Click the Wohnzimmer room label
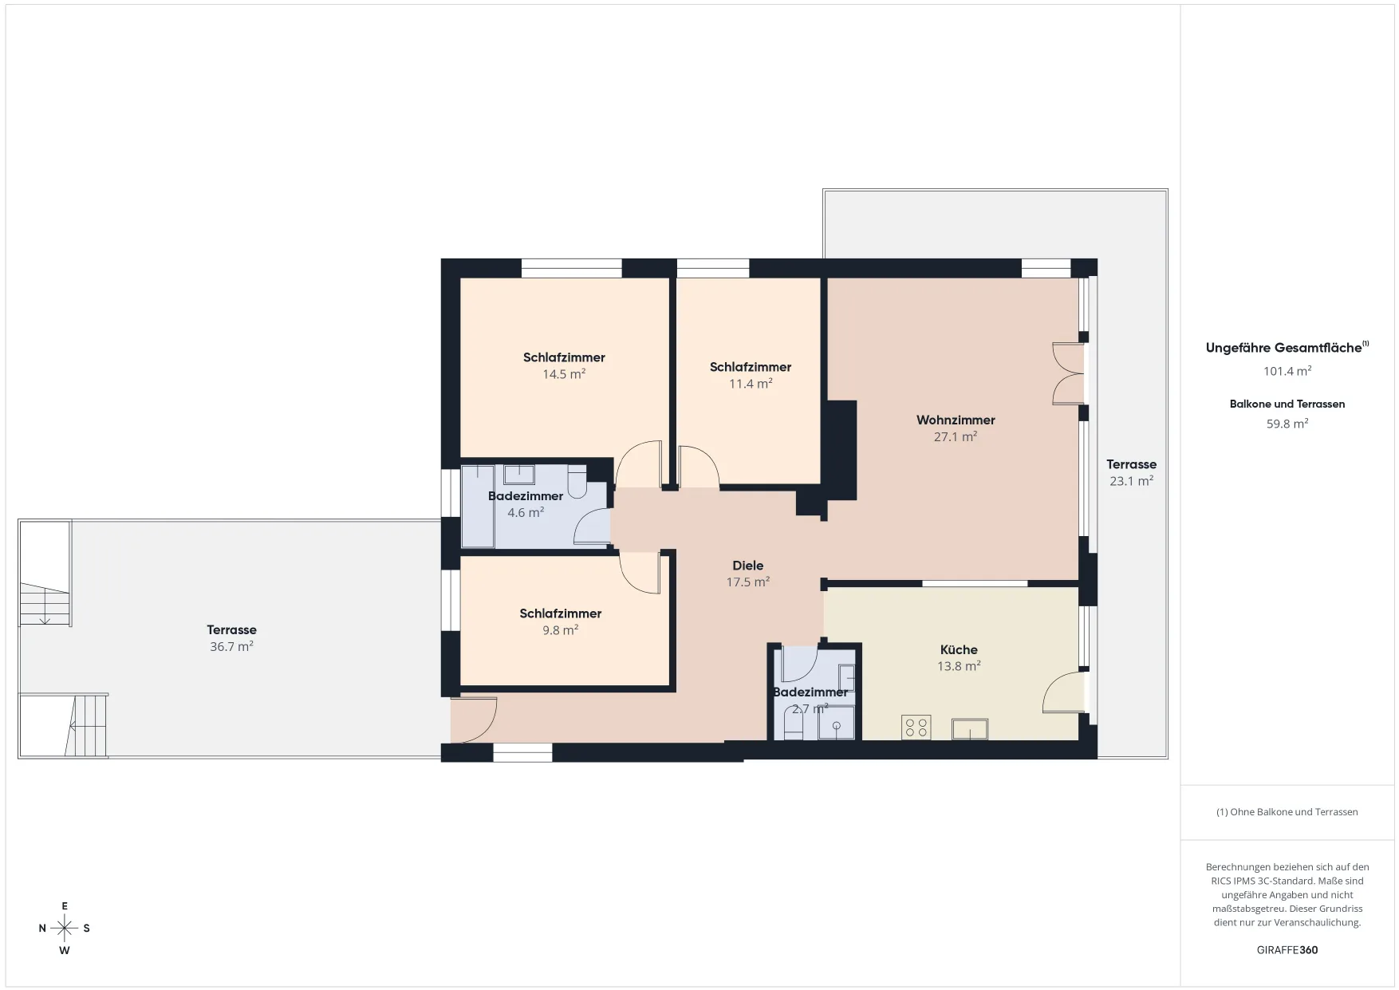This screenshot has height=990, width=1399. tap(956, 420)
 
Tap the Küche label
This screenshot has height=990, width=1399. tap(959, 649)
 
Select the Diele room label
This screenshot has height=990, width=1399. tap(748, 566)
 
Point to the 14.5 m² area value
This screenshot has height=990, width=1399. tap(564, 373)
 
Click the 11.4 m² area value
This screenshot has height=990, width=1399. tap(751, 383)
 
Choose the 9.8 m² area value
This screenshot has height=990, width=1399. tap(560, 629)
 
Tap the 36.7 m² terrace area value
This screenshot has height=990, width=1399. tap(231, 646)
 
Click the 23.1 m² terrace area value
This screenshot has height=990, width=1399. tap(1131, 481)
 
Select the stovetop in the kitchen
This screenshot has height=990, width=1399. tap(916, 728)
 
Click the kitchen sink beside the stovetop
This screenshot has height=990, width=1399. tap(969, 729)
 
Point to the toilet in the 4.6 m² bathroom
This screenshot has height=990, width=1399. tap(577, 482)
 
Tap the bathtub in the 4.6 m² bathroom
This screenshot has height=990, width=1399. tap(478, 507)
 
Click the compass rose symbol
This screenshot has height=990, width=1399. tap(65, 928)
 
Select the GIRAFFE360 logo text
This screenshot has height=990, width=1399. tap(1287, 950)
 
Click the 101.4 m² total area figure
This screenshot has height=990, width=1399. tap(1287, 371)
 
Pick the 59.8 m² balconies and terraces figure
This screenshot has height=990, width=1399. tap(1287, 424)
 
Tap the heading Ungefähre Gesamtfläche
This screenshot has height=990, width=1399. tap(1283, 348)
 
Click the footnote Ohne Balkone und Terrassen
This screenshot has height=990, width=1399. tap(1287, 812)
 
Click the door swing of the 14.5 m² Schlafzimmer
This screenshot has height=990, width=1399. tap(639, 463)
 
